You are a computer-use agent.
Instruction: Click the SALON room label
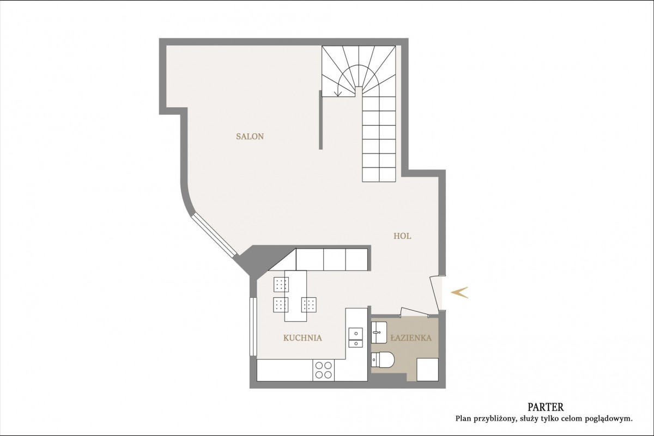[250, 137]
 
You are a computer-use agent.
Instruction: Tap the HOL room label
[402, 236]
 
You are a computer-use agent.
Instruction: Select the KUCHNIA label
[302, 338]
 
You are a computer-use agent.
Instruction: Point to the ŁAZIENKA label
[411, 337]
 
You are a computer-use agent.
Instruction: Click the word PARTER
[546, 407]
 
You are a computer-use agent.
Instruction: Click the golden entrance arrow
[459, 292]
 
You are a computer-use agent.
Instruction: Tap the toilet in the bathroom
[383, 360]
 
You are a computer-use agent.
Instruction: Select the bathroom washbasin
[379, 333]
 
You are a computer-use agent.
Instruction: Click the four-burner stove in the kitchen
[324, 370]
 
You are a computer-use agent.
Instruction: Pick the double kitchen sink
[356, 337]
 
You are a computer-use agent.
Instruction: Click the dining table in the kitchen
[295, 296]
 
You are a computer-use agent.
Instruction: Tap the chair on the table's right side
[309, 305]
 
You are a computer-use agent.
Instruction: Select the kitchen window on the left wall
[253, 327]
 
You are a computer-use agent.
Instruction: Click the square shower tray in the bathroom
[427, 370]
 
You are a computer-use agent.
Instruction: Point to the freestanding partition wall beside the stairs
[320, 120]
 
